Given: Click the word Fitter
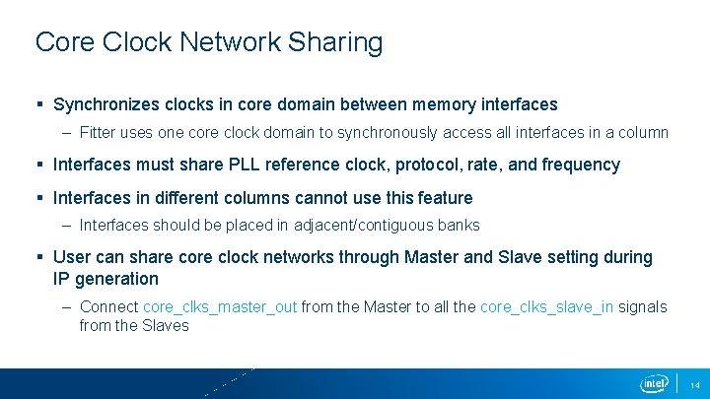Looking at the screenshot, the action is pos(100,132).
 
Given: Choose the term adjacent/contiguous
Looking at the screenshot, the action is pos(366,225).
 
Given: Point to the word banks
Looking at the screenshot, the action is pos(461,225).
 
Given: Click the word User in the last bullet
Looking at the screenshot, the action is pos(72,257).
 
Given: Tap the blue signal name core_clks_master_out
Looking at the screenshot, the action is pos(220,306).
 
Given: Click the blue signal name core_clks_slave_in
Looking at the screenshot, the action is pos(546,306).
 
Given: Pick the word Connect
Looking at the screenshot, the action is pos(108,306).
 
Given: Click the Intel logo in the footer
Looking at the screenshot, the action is pos(654,383).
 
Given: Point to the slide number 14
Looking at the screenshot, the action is pos(694,384).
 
